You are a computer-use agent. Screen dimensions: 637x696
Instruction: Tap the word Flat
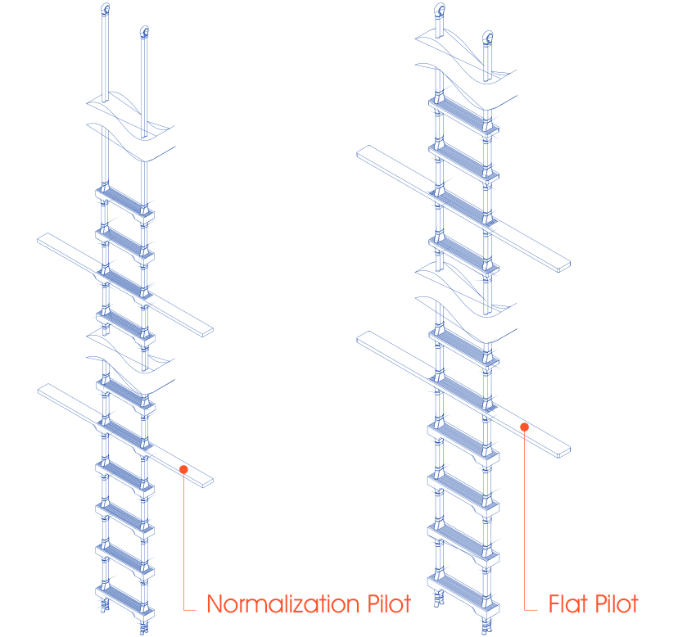568,605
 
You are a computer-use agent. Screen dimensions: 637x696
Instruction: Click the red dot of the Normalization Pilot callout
184,469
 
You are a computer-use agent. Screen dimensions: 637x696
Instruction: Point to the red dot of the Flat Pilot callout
526,427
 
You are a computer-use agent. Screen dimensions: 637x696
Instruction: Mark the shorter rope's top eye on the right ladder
489,37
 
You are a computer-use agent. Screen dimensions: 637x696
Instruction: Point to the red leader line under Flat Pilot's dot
526,524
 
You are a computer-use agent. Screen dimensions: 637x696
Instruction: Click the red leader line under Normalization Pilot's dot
184,540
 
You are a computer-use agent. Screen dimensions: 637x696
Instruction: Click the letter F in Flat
553,605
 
